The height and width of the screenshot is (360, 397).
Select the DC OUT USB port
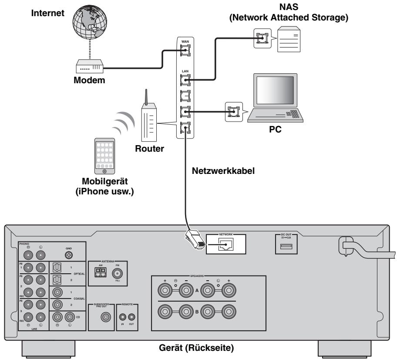pos(289,248)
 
